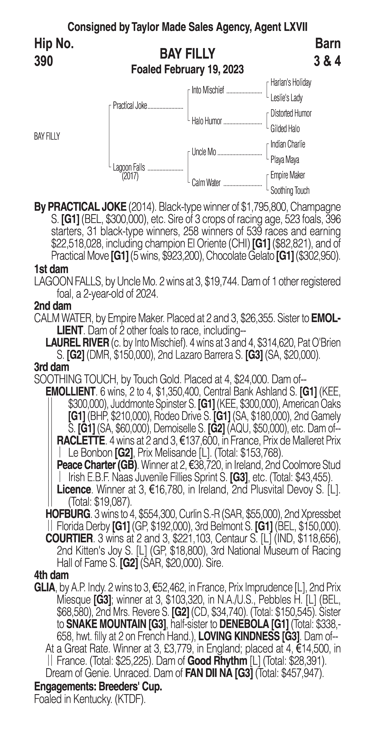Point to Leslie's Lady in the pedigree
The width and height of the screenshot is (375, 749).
[x=286, y=98]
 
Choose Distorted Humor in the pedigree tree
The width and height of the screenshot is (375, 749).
[x=291, y=113]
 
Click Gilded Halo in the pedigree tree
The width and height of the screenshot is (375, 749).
[x=285, y=129]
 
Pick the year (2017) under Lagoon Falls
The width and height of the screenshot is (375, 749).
[x=130, y=176]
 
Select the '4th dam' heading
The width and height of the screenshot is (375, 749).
[x=51, y=575]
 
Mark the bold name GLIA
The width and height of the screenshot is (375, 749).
[x=44, y=587]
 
